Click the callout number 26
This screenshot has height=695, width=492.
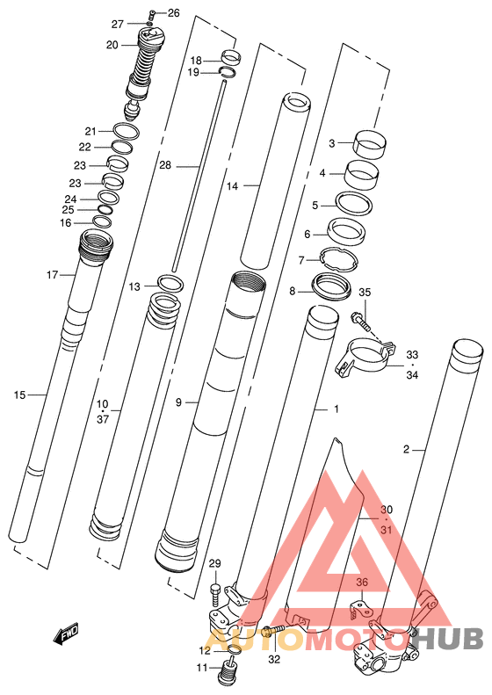pyautogui.click(x=174, y=13)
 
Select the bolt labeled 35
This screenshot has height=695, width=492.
pyautogui.click(x=360, y=322)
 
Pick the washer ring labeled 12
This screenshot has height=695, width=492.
pyautogui.click(x=233, y=650)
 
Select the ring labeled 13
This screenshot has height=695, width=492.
pyautogui.click(x=170, y=283)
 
